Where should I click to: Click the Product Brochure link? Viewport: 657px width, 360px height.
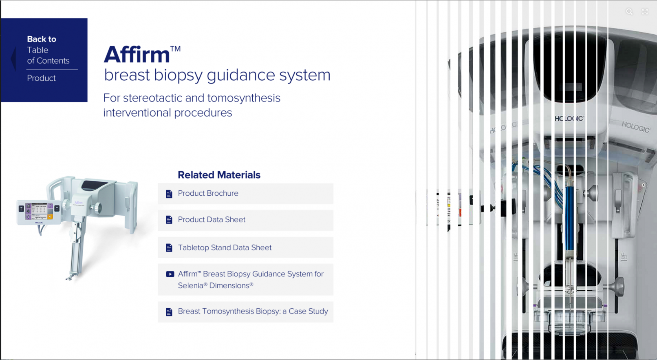[208, 193]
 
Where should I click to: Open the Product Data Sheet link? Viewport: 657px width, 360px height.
[212, 220]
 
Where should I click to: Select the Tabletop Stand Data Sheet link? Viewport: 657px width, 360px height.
[225, 247]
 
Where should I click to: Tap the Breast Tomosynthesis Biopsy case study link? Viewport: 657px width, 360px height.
[253, 311]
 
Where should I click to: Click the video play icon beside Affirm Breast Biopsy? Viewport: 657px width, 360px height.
[170, 274]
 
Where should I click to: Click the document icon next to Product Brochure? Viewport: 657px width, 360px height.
[169, 194]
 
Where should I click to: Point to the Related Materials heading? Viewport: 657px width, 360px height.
[219, 175]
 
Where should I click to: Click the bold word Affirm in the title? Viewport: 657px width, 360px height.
[137, 55]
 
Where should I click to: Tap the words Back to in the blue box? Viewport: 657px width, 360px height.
[42, 39]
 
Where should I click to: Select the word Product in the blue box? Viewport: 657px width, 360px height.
[41, 78]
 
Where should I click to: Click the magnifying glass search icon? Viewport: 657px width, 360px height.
[629, 12]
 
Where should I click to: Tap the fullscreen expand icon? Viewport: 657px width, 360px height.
[645, 12]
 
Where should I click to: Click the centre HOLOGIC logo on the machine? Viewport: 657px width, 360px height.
[569, 119]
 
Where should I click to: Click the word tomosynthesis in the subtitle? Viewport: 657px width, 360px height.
[244, 98]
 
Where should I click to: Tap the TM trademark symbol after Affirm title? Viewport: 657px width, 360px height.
[175, 49]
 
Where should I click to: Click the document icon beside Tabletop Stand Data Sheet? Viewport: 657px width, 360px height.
[169, 248]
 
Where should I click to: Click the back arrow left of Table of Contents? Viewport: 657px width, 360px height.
[13, 58]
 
